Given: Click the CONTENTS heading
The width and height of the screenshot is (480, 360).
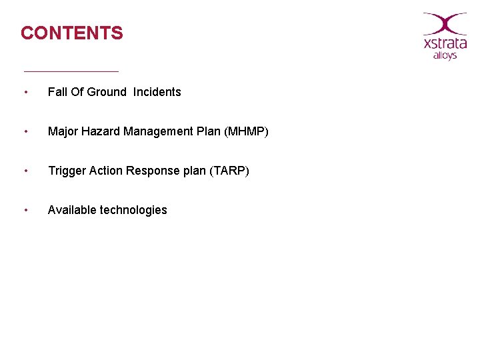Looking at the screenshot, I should tap(72, 33).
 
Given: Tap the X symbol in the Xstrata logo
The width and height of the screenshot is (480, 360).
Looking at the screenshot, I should tap(445, 23).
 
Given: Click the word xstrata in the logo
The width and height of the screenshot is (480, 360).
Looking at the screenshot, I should tap(445, 44).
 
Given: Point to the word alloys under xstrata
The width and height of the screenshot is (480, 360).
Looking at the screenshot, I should tap(445, 56).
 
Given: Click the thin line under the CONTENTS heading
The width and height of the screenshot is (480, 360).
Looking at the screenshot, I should tap(71, 71).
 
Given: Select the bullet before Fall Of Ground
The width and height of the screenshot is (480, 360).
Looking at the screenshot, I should tap(25, 92).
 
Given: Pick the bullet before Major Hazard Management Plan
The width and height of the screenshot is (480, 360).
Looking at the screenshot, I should tap(25, 131).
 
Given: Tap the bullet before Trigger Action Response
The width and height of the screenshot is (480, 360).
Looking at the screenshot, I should tap(25, 171).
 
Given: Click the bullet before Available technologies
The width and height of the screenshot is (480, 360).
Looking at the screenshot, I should tap(25, 210).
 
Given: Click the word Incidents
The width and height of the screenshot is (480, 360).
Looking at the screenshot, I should tap(157, 92).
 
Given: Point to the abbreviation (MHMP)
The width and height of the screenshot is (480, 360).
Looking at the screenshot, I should tap(246, 131).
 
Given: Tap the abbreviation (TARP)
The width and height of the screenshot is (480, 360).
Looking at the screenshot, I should tap(229, 171).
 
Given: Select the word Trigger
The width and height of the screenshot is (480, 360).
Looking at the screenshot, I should tap(65, 171).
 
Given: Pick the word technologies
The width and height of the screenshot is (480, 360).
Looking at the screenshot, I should tap(133, 210).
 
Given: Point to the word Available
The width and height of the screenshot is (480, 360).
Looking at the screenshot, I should tap(72, 210).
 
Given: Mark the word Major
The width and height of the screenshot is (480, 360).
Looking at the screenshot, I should tap(63, 131).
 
